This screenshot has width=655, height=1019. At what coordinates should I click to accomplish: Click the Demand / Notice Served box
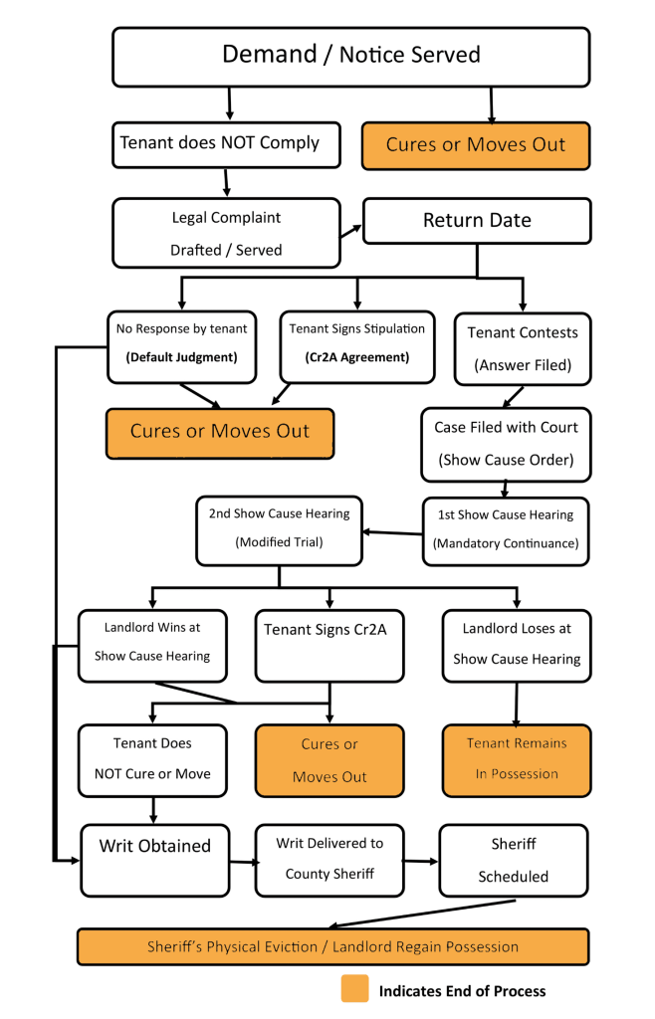point(350,56)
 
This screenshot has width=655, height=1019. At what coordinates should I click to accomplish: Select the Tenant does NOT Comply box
point(220,143)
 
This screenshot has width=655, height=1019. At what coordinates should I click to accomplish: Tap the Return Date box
point(477,220)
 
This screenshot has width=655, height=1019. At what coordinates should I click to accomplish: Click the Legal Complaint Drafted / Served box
point(226,233)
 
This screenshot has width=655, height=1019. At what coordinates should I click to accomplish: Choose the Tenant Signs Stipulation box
point(357,346)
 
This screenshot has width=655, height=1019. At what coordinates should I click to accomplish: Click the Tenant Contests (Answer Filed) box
point(523,348)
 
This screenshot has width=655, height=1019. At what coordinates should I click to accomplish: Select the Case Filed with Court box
point(506,444)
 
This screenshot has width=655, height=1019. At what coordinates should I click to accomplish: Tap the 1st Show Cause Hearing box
point(506,530)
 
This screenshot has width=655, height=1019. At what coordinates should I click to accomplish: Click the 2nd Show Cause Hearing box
point(279,529)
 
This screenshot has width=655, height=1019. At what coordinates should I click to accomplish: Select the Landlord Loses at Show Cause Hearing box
point(517,644)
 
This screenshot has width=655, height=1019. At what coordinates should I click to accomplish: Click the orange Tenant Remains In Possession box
point(517,759)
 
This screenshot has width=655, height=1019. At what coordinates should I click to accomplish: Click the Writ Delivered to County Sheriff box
point(329,859)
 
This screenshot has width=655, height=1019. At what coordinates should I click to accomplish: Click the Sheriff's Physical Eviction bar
point(332,946)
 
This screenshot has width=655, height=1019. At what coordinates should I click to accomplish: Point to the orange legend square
point(354,989)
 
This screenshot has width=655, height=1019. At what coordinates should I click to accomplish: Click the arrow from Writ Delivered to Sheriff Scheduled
point(421,862)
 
